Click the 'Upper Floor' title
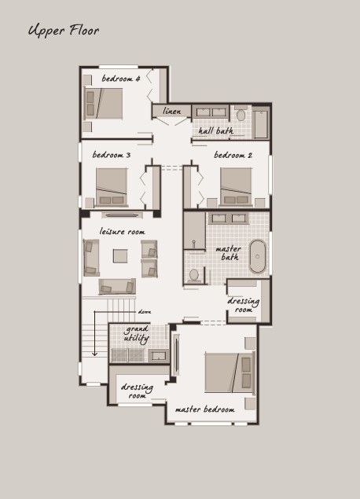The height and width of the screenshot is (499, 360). pyautogui.click(x=64, y=31)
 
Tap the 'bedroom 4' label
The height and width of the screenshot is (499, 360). pyautogui.click(x=121, y=79)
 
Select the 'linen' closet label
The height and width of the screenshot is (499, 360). pyautogui.click(x=172, y=111)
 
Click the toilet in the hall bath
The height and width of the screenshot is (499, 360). pyautogui.click(x=241, y=114)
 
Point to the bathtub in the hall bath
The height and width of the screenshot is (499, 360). pyautogui.click(x=261, y=124)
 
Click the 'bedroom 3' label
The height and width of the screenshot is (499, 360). pyautogui.click(x=112, y=155)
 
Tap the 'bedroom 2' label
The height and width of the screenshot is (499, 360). pyautogui.click(x=233, y=155)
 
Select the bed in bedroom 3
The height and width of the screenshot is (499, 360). pyautogui.click(x=112, y=186)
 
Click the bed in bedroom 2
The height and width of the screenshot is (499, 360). pyautogui.click(x=236, y=186)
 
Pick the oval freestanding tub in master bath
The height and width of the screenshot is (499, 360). pyautogui.click(x=258, y=256)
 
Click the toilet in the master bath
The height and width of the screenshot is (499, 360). pyautogui.click(x=193, y=276)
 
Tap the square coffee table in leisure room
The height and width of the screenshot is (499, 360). pyautogui.click(x=120, y=256)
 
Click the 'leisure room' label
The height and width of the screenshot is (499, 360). pyautogui.click(x=123, y=231)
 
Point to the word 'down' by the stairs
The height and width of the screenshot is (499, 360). pyautogui.click(x=145, y=312)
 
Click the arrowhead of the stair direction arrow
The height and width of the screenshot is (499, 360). pyautogui.click(x=94, y=354)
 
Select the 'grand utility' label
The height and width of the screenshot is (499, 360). pyautogui.click(x=136, y=333)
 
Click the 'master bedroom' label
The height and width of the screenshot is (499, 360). pyautogui.click(x=205, y=409)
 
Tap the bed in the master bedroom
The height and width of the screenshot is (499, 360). pyautogui.click(x=230, y=372)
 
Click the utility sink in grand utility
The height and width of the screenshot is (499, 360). pyautogui.click(x=159, y=355)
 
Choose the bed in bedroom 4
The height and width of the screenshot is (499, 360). pyautogui.click(x=103, y=104)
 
